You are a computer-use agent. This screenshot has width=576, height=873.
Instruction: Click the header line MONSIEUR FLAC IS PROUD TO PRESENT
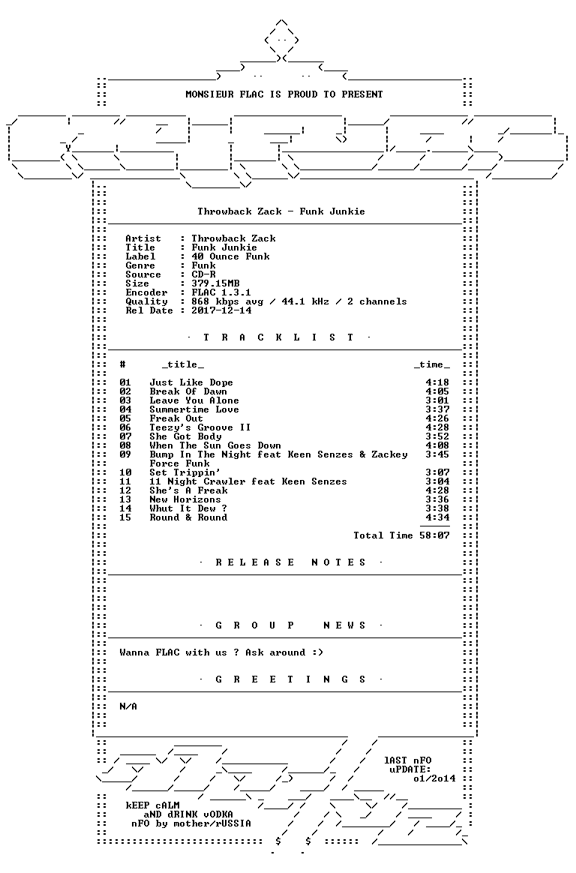click(x=283, y=94)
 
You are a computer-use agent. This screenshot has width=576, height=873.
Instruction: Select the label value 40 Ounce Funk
click(x=230, y=256)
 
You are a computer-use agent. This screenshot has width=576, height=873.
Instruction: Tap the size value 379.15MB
click(x=215, y=283)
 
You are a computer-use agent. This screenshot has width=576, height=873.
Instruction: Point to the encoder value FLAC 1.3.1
click(x=221, y=292)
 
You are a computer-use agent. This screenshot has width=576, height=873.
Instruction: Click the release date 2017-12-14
click(x=221, y=310)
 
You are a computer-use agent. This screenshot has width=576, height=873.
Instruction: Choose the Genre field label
click(x=140, y=265)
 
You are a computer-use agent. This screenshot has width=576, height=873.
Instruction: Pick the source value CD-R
click(x=203, y=274)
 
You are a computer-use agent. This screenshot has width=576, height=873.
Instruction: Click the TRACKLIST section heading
click(x=278, y=337)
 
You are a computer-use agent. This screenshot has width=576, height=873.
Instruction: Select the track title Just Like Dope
click(x=191, y=382)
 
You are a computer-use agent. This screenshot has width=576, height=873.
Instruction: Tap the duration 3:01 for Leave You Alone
click(x=437, y=400)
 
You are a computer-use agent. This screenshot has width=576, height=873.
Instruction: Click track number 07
click(x=125, y=436)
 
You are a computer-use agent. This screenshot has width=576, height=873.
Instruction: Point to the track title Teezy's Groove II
click(x=199, y=427)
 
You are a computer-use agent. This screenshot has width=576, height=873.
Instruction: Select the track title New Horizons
click(x=184, y=499)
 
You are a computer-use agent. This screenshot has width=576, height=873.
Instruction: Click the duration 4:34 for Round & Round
click(x=437, y=517)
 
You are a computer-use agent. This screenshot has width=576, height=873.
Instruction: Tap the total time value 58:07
click(x=435, y=535)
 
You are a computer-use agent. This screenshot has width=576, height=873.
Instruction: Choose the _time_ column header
click(x=432, y=365)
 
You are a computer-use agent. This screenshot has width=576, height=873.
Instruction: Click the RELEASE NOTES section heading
click(x=290, y=562)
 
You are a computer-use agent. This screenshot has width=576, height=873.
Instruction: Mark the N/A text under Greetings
click(x=128, y=706)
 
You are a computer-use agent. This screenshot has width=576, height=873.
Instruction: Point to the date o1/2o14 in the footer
click(x=434, y=779)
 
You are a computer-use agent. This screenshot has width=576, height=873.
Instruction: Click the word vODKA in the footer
click(x=214, y=814)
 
